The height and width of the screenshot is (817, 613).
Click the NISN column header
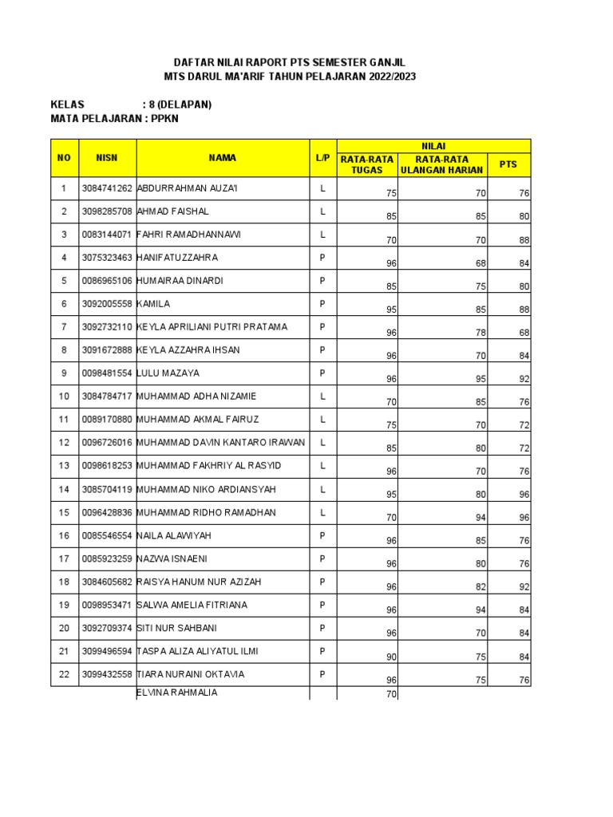[107, 158]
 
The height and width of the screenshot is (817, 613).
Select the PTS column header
[508, 164]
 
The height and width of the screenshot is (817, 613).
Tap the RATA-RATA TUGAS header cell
[367, 164]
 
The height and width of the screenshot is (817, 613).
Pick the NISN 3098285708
[107, 212]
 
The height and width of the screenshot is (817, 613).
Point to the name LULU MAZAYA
[168, 373]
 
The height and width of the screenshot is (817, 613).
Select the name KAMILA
[154, 304]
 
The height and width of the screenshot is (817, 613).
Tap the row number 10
[63, 397]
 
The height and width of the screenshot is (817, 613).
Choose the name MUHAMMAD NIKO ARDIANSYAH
[207, 489]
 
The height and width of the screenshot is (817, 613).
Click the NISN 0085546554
[107, 535]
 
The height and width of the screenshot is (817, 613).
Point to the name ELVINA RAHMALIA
[177, 693]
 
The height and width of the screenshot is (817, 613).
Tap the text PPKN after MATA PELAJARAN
[166, 119]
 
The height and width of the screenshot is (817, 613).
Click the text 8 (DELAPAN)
[180, 105]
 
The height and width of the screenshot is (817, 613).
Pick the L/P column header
[322, 158]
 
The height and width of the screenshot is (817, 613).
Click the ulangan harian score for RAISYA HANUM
[481, 587]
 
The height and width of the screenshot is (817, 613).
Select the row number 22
[63, 674]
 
